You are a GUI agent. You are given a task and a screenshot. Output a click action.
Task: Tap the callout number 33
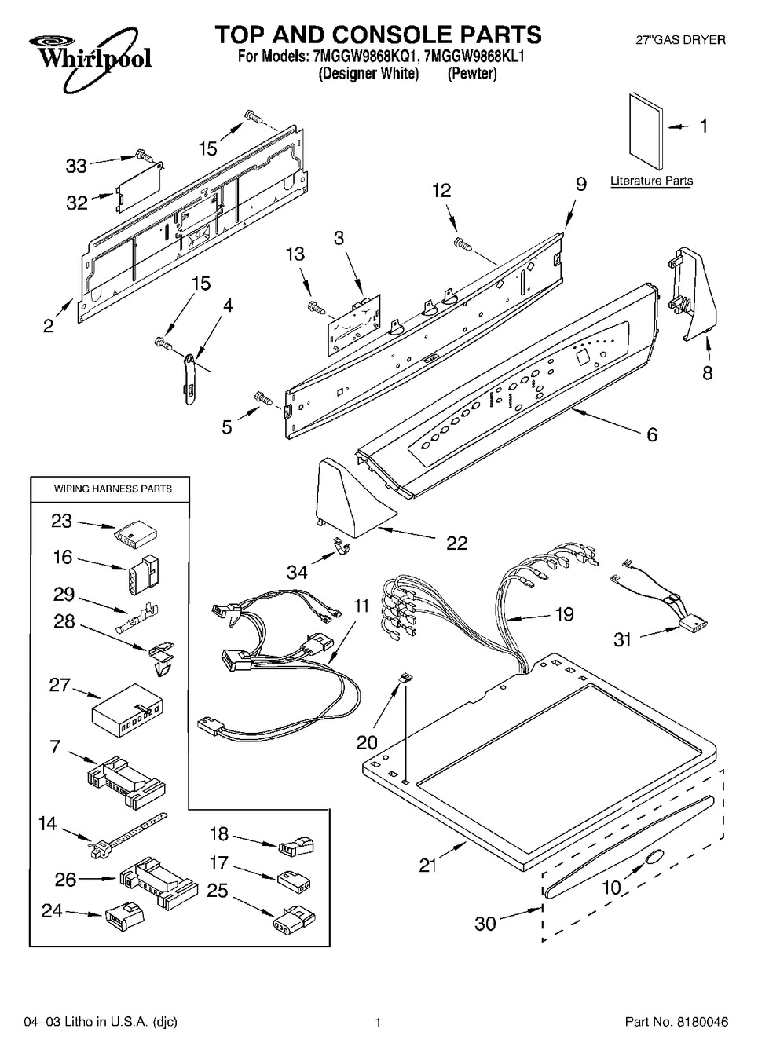pos(76,166)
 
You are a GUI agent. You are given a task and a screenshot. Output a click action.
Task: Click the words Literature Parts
pos(651,181)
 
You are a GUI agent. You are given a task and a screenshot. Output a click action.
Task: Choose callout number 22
pos(456,543)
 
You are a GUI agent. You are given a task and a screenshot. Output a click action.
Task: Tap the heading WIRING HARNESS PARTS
pos(112,489)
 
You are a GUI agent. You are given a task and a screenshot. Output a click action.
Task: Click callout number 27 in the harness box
pos(60,685)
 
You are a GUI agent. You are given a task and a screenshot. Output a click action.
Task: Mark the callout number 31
pos(622,639)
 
